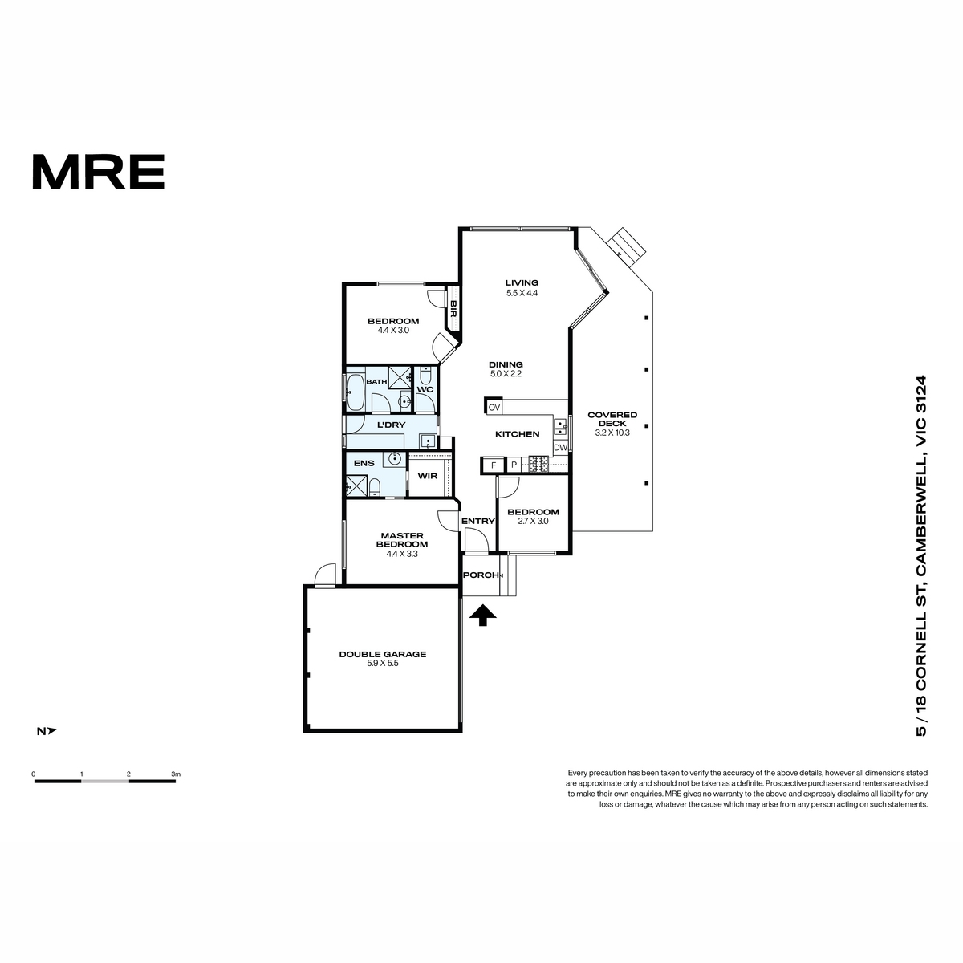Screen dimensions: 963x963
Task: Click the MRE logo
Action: point(99,172)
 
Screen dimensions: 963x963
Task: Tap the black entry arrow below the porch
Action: point(483,616)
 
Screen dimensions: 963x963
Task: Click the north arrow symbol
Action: point(47,731)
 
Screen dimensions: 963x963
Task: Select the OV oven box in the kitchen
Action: point(494,407)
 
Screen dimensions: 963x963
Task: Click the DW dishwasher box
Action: point(560,448)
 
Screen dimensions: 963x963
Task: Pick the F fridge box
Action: point(494,465)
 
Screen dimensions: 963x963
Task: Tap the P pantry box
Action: point(514,465)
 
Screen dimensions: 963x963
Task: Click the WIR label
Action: point(427,476)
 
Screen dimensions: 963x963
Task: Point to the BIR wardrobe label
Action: point(453,308)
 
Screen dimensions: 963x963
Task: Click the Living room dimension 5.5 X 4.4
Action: point(522,294)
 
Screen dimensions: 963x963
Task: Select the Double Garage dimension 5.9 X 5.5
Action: point(382,663)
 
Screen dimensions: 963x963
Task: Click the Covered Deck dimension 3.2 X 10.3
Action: point(612,433)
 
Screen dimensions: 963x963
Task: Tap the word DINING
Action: point(506,365)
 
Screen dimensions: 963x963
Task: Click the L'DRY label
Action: point(391,425)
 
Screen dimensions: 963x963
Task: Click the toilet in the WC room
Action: point(425,374)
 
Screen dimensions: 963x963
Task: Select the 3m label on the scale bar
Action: point(176,774)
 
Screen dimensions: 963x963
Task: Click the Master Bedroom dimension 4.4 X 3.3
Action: point(402,554)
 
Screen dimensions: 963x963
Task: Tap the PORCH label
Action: point(481,575)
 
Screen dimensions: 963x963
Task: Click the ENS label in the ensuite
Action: point(364,463)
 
